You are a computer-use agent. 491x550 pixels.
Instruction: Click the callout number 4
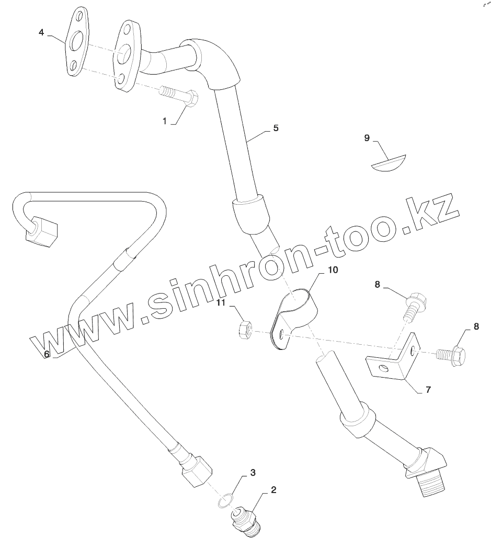tap(41, 32)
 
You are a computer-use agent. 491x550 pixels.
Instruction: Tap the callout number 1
tap(164, 121)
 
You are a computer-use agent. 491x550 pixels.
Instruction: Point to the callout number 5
tap(276, 127)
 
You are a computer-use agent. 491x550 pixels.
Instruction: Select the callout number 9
tap(367, 138)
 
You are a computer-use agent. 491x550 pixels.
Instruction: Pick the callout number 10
tap(333, 270)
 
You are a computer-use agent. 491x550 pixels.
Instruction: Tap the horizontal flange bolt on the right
tap(452, 355)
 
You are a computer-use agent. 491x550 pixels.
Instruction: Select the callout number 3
tap(253, 473)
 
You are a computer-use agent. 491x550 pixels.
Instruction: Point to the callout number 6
tap(47, 354)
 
